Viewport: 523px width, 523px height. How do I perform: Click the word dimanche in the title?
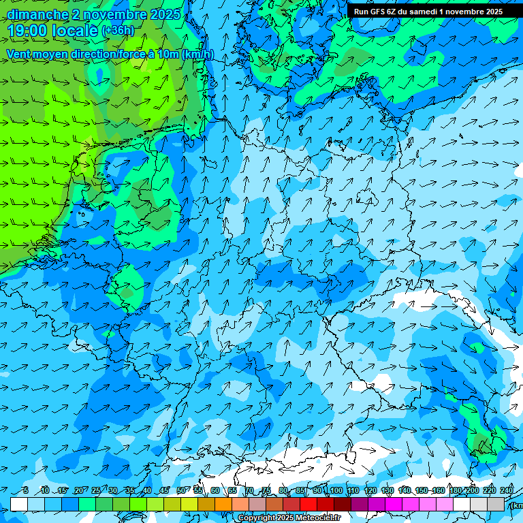(x=37, y=14)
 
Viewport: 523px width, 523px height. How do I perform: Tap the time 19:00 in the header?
(x=29, y=31)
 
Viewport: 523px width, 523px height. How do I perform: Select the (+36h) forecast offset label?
(x=118, y=31)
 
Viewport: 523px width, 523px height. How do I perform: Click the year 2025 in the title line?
(x=165, y=14)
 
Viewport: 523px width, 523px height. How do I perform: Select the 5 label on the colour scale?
(x=25, y=490)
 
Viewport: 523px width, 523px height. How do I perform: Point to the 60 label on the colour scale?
(x=215, y=490)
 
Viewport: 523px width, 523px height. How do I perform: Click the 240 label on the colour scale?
(x=507, y=490)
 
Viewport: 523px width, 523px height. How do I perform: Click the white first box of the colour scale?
(x=19, y=504)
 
